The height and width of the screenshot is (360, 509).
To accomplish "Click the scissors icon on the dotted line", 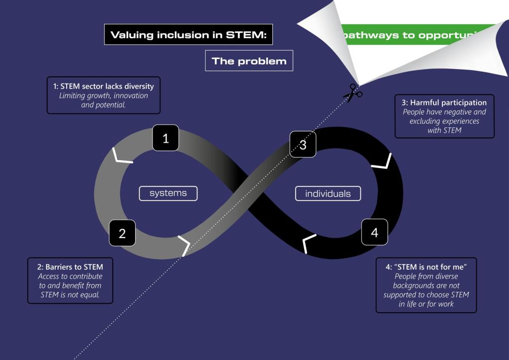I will tap(352, 93).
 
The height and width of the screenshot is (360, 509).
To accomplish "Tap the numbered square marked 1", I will tap(166, 138).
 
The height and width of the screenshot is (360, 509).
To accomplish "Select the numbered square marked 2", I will tap(122, 233).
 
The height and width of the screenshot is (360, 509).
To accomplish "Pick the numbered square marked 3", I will tap(303, 144).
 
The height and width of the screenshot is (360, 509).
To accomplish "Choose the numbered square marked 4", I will tap(374, 232).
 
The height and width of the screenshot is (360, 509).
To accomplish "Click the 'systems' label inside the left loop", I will tap(168, 193).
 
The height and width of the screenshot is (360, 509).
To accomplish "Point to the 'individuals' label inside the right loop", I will tap(328, 193).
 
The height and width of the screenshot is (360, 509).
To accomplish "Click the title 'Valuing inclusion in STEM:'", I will tap(189, 35).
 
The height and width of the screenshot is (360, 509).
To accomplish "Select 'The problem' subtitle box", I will tap(249, 61).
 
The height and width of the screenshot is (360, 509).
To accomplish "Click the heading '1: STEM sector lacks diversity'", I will tap(103, 86).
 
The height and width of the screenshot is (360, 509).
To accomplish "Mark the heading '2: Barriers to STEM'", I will tap(70, 267).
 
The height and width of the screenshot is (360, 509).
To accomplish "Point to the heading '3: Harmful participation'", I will tap(444, 103).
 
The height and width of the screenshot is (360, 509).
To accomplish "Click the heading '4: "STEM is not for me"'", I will tap(426, 267).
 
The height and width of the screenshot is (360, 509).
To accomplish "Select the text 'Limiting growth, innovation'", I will tap(103, 95).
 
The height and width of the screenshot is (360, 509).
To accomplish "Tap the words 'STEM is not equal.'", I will tap(70, 295).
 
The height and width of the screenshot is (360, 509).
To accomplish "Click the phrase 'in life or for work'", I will tap(426, 304).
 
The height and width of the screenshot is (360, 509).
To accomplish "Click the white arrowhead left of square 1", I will tap(121, 156).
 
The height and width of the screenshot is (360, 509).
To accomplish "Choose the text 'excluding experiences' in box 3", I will tap(444, 121).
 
